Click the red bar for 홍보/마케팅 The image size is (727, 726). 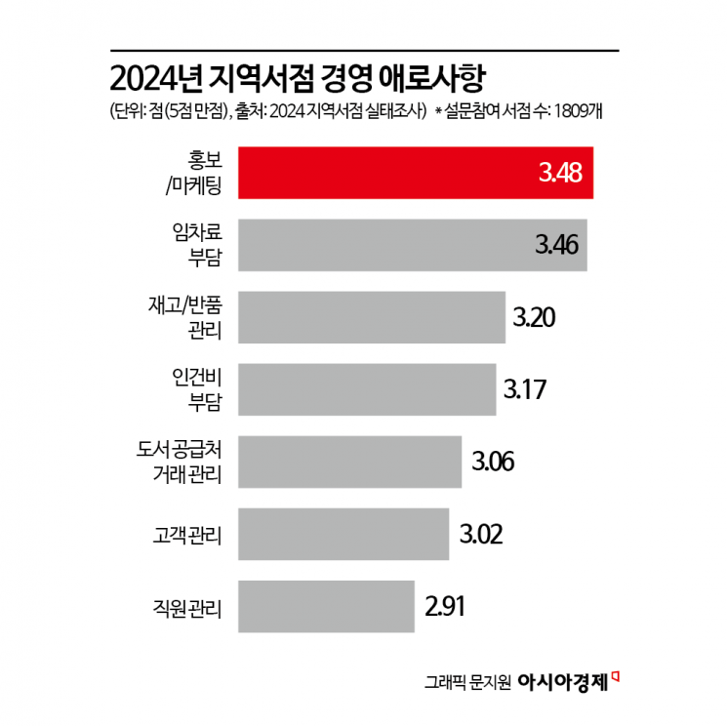(390, 174)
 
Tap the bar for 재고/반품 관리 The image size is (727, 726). (371, 316)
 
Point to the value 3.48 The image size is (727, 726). (560, 174)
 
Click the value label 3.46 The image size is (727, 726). (556, 244)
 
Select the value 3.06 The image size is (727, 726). (492, 461)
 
